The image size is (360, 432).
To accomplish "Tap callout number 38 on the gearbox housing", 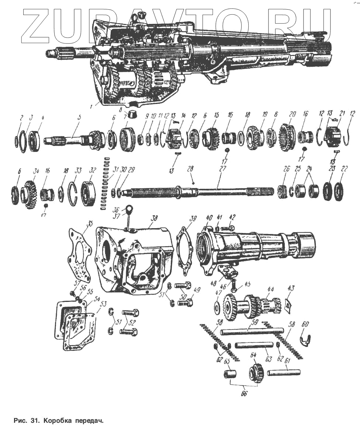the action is click(154, 218).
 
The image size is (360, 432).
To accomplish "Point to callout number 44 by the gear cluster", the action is click(271, 290).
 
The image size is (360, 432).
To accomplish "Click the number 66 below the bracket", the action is click(243, 394).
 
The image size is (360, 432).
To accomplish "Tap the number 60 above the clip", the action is click(305, 324).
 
